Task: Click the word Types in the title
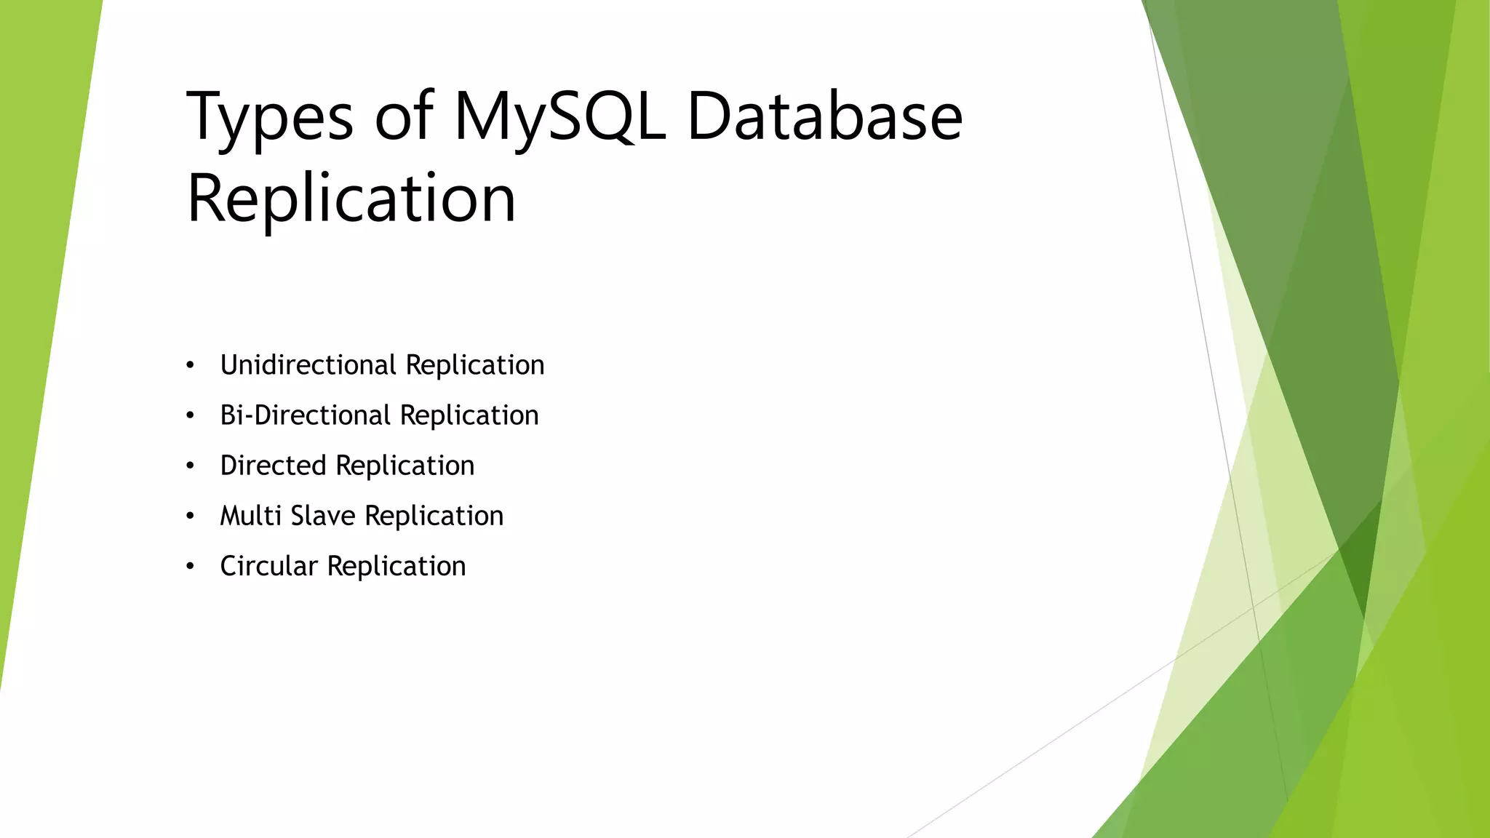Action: tap(270, 116)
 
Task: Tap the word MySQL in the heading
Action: tap(559, 116)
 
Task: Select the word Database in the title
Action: tap(824, 116)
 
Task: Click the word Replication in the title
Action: tap(351, 199)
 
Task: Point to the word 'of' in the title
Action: tap(404, 116)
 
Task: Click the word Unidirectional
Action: tap(308, 365)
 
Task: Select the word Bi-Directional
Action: tap(306, 415)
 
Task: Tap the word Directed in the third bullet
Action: tap(274, 466)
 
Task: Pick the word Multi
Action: tap(251, 516)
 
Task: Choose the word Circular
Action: tap(269, 566)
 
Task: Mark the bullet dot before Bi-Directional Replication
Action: tap(190, 416)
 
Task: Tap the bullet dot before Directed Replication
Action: tap(190, 466)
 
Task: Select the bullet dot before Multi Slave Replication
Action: tap(190, 516)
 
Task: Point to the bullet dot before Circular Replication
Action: tap(190, 567)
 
